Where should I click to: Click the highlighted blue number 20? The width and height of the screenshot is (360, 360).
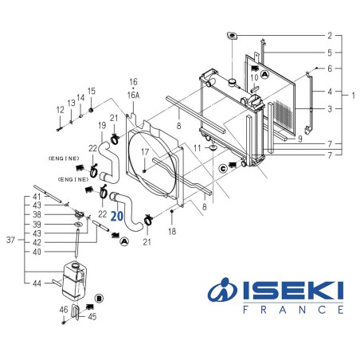coord(116,215)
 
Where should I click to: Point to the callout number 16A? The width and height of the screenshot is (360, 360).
coord(133,93)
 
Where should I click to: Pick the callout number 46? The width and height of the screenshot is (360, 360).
coord(63,309)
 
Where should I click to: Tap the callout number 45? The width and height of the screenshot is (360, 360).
coord(92,317)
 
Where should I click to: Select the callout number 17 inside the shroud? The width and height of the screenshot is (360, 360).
coord(146,151)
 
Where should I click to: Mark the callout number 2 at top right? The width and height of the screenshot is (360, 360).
coord(329,36)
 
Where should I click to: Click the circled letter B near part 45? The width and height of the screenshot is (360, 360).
coord(99,297)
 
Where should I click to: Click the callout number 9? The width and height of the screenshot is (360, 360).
coord(299,139)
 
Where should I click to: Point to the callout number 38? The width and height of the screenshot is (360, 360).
coord(37,215)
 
